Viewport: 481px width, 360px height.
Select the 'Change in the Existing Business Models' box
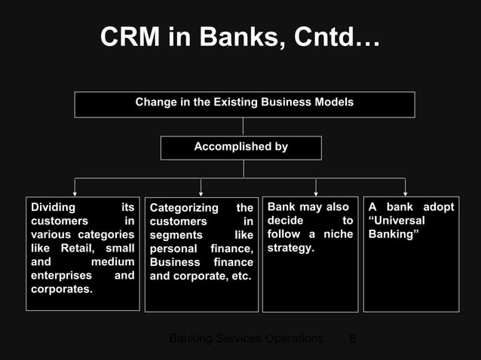pyautogui.click(x=244, y=104)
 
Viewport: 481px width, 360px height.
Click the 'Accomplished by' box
pyautogui.click(x=240, y=148)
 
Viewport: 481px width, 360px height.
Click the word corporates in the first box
pyautogui.click(x=60, y=288)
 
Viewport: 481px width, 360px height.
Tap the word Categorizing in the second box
pyautogui.click(x=184, y=208)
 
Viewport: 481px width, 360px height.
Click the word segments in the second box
pyautogui.click(x=176, y=235)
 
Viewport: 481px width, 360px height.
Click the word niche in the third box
pyautogui.click(x=330, y=234)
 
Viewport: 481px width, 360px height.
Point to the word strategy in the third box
pyautogui.click(x=290, y=248)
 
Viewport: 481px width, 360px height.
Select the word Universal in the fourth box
pyautogui.click(x=398, y=221)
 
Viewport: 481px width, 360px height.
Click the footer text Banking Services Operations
pyautogui.click(x=246, y=338)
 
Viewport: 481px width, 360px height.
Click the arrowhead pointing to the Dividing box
pyautogui.click(x=75, y=193)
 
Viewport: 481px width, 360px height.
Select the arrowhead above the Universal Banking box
pyautogui.click(x=405, y=193)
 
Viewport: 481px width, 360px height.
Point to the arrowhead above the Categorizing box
pyautogui.click(x=201, y=193)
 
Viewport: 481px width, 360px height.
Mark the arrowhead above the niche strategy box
pyautogui.click(x=315, y=193)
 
